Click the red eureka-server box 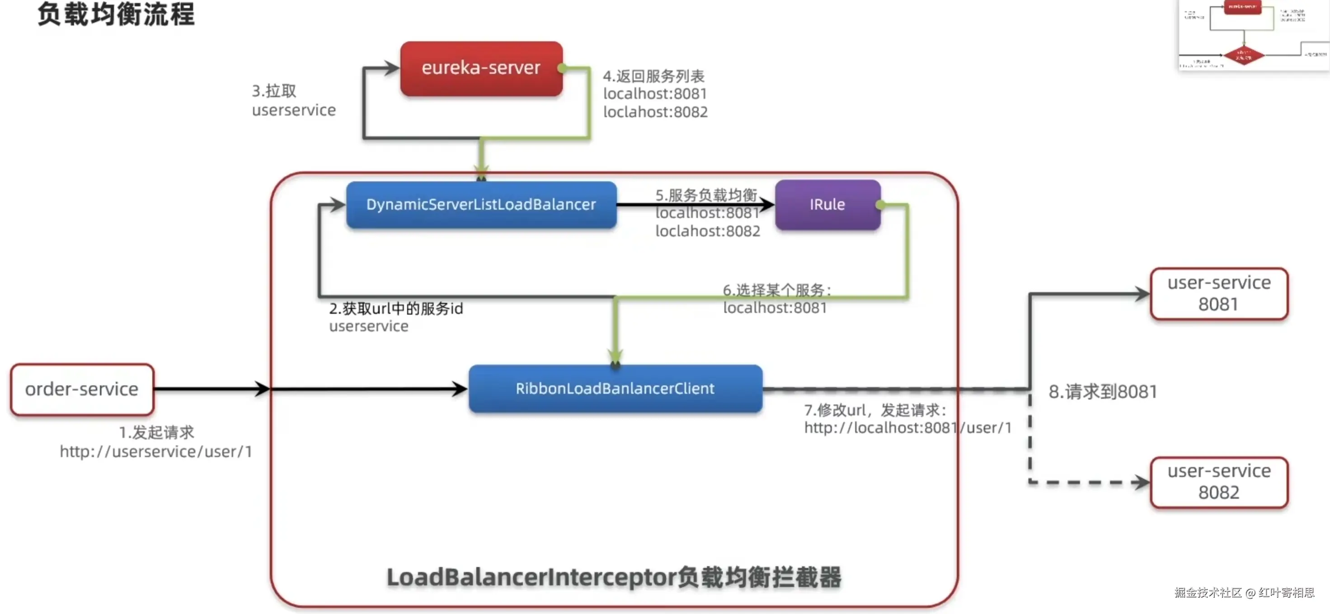[x=481, y=68]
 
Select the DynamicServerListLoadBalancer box [x=481, y=204]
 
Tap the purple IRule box [x=827, y=204]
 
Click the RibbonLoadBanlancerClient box [x=615, y=388]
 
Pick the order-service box [x=82, y=389]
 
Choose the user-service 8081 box [x=1218, y=293]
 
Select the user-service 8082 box [x=1218, y=482]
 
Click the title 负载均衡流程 [x=116, y=14]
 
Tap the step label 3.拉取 [x=274, y=91]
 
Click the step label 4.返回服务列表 [x=653, y=76]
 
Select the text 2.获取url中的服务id [x=396, y=308]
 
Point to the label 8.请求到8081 [x=1102, y=392]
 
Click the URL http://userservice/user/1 [x=156, y=451]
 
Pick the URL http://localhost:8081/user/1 [x=907, y=428]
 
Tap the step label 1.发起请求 [x=156, y=432]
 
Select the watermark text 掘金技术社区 [x=1208, y=592]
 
